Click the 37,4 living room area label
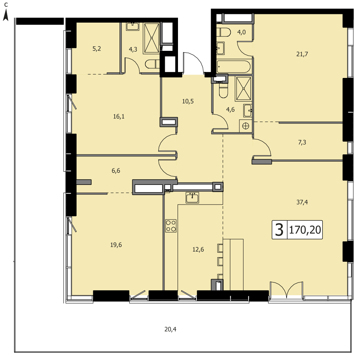click(302, 202)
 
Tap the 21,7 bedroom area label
click(302, 54)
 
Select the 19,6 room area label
click(116, 245)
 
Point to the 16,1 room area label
click(119, 116)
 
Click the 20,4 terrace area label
click(170, 329)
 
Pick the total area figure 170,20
click(305, 230)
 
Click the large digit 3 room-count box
click(279, 230)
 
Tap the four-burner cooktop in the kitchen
click(171, 226)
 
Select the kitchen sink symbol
click(192, 198)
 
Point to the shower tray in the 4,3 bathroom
click(152, 38)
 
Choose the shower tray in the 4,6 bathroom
click(243, 89)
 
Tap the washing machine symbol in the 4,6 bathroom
click(245, 126)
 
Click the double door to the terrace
click(287, 289)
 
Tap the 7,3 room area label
click(302, 142)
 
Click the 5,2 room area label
click(97, 49)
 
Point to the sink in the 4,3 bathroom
click(132, 26)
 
